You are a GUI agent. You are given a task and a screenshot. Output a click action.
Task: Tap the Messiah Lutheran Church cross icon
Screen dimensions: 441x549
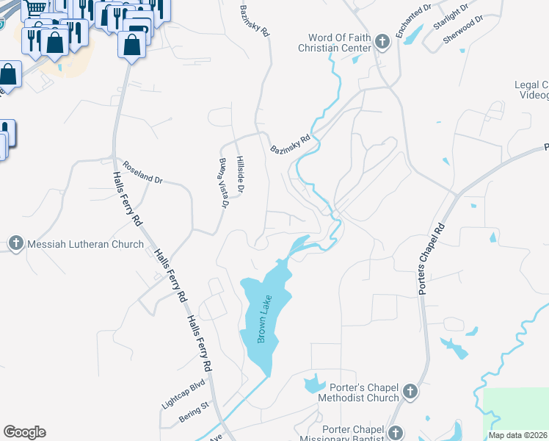(15, 243)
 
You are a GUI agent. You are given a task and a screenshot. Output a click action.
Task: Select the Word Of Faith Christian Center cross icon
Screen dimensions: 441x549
(382, 42)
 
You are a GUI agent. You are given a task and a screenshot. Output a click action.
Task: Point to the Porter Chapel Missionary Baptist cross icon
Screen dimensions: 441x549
(396, 432)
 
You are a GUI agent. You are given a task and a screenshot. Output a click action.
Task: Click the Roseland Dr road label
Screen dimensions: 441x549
(142, 173)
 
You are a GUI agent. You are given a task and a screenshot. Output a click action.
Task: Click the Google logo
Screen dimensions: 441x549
(24, 432)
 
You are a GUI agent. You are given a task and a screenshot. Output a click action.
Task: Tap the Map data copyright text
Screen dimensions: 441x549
(518, 435)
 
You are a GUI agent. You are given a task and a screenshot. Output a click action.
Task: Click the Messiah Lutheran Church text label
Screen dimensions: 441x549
(85, 244)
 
